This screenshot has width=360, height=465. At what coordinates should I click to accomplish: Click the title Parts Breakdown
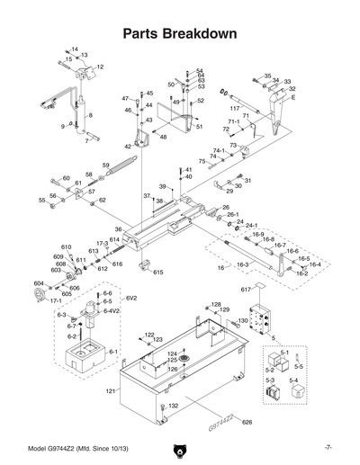coord(179,33)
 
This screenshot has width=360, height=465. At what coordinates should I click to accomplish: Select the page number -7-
coord(329,446)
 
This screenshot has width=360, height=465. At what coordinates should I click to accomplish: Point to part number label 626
coord(247,422)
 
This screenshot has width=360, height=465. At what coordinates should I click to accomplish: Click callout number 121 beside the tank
coord(111,391)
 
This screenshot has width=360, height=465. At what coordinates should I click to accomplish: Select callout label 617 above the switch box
coord(244,288)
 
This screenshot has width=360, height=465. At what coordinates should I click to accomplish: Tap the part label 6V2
coord(131,298)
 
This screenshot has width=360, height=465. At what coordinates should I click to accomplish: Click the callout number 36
coord(118,228)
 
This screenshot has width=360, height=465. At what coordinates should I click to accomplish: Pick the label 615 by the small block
coord(157,272)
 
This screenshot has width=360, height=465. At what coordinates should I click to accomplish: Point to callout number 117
coord(233,109)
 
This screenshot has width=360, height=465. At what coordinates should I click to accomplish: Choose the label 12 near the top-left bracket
coord(100,67)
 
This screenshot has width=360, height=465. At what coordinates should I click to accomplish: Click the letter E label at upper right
coord(292,97)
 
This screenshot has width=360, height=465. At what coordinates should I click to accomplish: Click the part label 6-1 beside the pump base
coord(113,353)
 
